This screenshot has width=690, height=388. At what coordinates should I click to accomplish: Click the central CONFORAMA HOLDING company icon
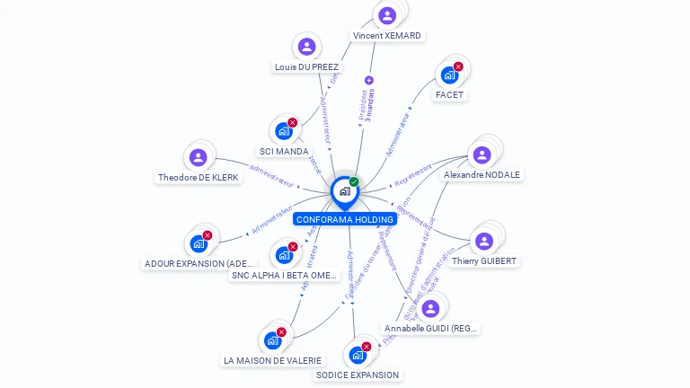click(344, 191)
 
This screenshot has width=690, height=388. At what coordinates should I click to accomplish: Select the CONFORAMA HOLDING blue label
click(344, 219)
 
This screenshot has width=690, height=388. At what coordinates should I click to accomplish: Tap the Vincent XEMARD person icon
click(387, 16)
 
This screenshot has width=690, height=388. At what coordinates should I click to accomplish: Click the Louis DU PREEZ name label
click(306, 66)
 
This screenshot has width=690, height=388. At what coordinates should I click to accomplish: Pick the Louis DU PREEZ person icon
click(306, 47)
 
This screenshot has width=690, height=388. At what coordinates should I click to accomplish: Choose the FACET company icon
click(449, 75)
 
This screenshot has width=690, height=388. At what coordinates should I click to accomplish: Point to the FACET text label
click(450, 94)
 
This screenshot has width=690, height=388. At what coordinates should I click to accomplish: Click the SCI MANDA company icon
click(284, 131)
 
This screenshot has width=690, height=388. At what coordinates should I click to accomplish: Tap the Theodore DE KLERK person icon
click(198, 157)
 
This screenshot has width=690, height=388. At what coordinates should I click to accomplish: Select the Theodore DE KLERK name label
click(199, 178)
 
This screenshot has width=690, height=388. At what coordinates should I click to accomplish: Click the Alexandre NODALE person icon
click(482, 154)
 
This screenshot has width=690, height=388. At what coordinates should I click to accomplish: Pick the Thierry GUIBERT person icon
click(484, 241)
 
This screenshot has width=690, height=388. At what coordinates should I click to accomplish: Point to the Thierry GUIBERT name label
click(484, 260)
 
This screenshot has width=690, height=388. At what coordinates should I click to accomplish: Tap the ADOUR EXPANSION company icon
click(199, 243)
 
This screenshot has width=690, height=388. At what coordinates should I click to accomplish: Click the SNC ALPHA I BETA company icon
click(285, 255)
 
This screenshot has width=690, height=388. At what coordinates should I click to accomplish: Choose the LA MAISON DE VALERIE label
click(271, 360)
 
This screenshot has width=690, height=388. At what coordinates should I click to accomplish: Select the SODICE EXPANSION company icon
click(358, 355)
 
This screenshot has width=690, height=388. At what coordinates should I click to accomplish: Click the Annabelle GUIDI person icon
click(430, 308)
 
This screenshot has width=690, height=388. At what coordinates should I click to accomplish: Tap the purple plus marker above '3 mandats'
click(368, 80)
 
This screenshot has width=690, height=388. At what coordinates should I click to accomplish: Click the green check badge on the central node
click(354, 182)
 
